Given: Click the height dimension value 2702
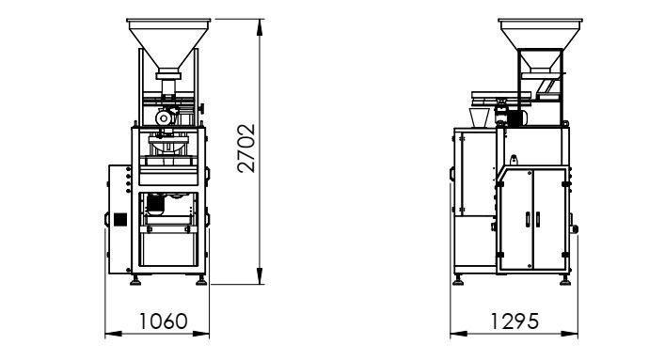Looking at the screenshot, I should point(246,149).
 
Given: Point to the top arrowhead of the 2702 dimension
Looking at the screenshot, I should point(259,22).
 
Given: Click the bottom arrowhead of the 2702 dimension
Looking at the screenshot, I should point(259,280).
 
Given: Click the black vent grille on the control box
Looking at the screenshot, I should point(119,219).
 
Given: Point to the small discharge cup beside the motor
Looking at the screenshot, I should point(479,117).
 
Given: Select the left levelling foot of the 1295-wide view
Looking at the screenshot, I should point(459,279).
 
